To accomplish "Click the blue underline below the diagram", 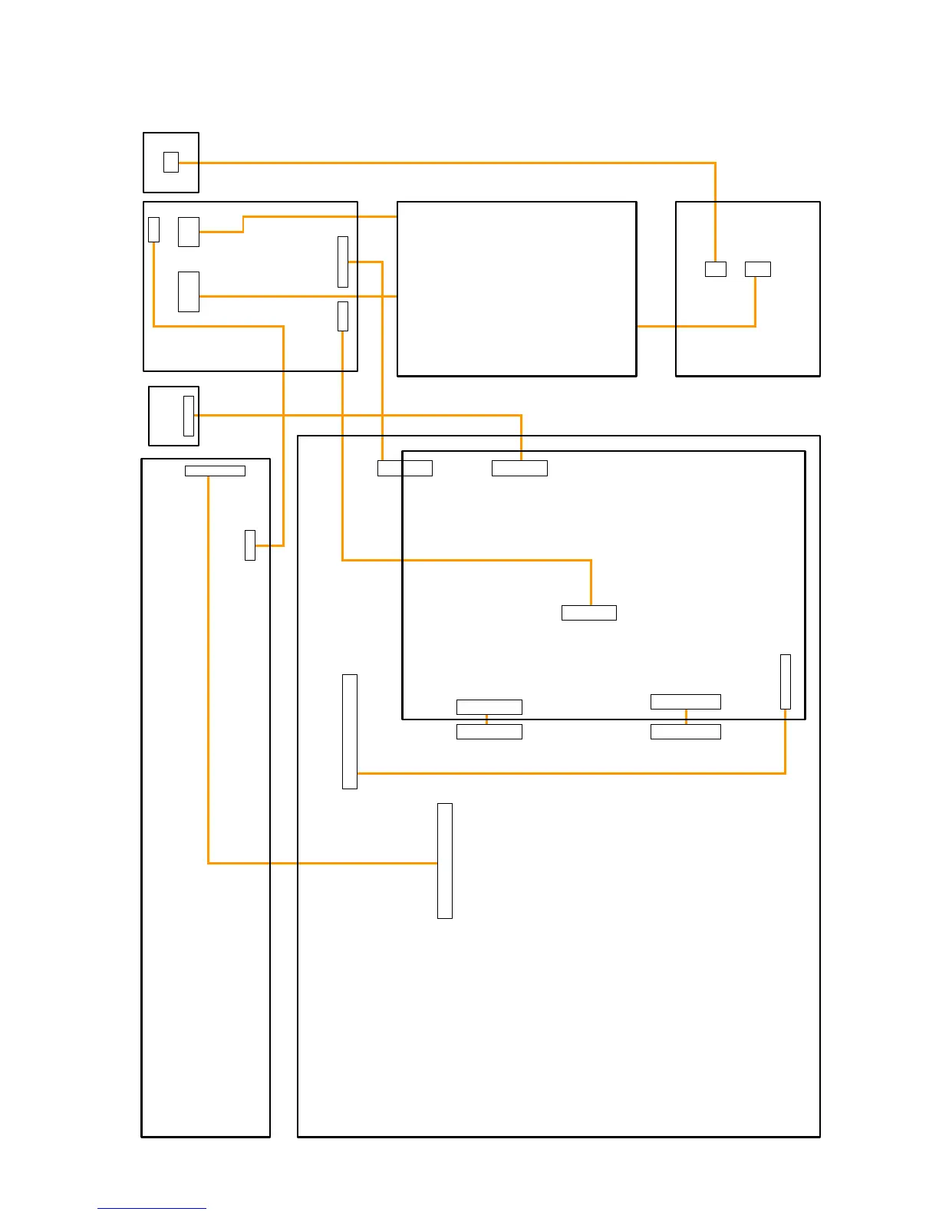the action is pyautogui.click(x=152, y=1209).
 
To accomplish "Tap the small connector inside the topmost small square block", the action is pyautogui.click(x=171, y=162).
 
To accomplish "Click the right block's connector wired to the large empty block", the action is pyautogui.click(x=757, y=269).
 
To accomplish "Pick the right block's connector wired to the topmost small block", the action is pyautogui.click(x=715, y=269).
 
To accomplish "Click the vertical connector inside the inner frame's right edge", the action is pyautogui.click(x=785, y=681).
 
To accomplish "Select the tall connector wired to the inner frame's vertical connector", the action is pyautogui.click(x=349, y=731).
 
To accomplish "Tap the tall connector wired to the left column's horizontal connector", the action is pyautogui.click(x=444, y=860).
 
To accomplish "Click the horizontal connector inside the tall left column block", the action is pyautogui.click(x=215, y=471).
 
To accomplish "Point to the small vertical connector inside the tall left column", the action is pyautogui.click(x=249, y=545).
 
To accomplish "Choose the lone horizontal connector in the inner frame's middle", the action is pyautogui.click(x=588, y=612).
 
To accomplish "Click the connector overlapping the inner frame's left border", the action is pyautogui.click(x=404, y=468).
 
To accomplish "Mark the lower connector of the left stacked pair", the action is pyautogui.click(x=489, y=731).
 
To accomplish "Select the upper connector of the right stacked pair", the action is pyautogui.click(x=685, y=701).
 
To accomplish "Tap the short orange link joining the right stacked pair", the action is pyautogui.click(x=685, y=716).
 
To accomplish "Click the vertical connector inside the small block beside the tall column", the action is pyautogui.click(x=189, y=416).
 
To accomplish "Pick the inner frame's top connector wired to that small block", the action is pyautogui.click(x=519, y=468).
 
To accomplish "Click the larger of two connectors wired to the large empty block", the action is pyautogui.click(x=188, y=291).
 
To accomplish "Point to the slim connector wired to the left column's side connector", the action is pyautogui.click(x=153, y=229).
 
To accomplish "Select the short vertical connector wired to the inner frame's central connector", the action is pyautogui.click(x=342, y=316).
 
